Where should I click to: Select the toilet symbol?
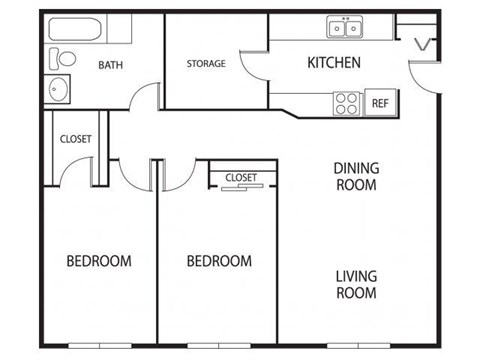pos(59,59)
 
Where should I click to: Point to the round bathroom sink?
pos(56,90)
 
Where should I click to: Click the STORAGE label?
pos(206,64)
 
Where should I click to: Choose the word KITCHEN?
pos(333,64)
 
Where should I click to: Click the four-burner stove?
pos(347,102)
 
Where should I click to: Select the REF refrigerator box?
pos(379,102)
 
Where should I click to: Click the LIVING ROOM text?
pos(355,284)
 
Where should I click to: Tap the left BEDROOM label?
pos(99,261)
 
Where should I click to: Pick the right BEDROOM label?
pos(219,261)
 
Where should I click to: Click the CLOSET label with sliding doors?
pos(241,177)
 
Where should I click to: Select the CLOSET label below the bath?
pos(76,139)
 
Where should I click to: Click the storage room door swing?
pos(254,68)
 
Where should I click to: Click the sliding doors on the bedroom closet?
pos(240,187)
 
